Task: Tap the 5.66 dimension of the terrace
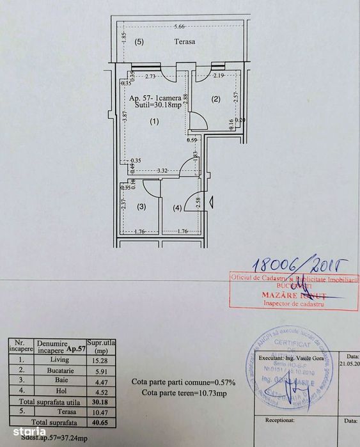click(x=179, y=26)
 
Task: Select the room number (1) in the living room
click(x=154, y=121)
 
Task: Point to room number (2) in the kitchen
click(x=216, y=98)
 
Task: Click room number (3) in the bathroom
click(x=141, y=206)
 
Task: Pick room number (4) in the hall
click(x=176, y=207)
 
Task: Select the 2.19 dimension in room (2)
click(x=219, y=76)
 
